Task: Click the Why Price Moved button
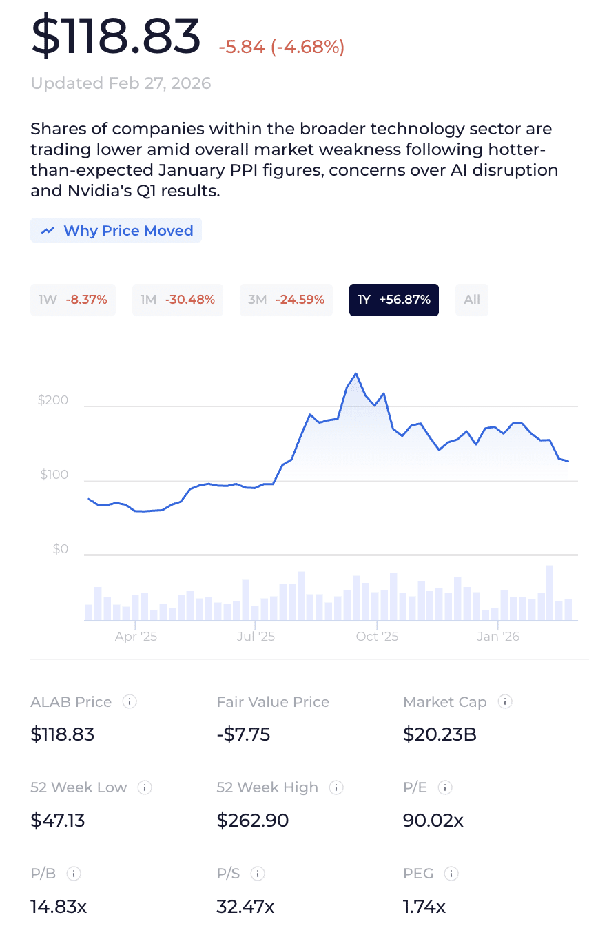coord(116,231)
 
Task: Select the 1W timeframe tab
coord(73,300)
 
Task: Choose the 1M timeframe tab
coord(177,300)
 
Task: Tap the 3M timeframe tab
coord(285,300)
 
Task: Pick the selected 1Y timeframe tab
coord(393,300)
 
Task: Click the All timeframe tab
coord(472,300)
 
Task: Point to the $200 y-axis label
coord(53,400)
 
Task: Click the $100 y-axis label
coord(54,475)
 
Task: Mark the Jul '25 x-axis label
coord(256,637)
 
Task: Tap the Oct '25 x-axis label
coord(377,637)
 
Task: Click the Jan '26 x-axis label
coord(498,637)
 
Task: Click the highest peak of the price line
coord(355,374)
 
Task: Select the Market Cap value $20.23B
coord(440,734)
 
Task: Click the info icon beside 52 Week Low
coord(145,787)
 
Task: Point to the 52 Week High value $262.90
coord(253,821)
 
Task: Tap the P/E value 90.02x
coord(433,821)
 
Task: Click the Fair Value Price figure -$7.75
coord(243,734)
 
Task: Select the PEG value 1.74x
coord(424,907)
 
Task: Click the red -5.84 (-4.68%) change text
coord(282,47)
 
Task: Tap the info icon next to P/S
coord(258,874)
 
